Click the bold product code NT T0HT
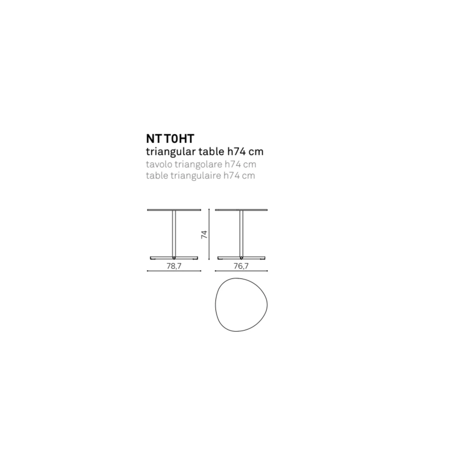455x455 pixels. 170,139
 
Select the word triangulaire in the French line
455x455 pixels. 196,176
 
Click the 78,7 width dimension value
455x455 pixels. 174,266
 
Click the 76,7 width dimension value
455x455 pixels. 241,266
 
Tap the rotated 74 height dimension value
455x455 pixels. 204,234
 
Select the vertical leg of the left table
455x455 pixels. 174,234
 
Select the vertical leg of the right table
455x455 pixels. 241,234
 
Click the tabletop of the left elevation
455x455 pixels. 174,210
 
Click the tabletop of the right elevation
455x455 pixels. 241,210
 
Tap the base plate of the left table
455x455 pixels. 174,258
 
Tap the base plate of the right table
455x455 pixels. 241,258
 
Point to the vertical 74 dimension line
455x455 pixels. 209,234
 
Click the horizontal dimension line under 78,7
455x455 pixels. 174,271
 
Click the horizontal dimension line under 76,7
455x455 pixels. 241,271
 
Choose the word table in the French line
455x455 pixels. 157,175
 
